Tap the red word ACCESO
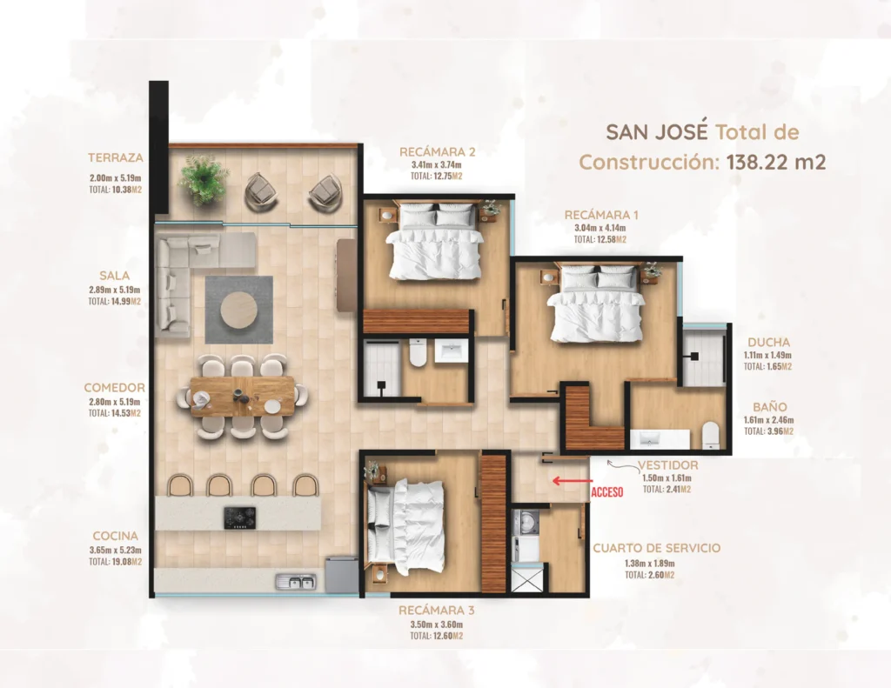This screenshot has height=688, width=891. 606,492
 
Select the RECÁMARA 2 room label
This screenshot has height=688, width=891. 437,151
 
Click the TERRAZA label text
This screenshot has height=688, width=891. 116,157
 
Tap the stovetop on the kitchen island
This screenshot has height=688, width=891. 239,518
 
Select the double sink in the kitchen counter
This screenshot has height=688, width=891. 296,583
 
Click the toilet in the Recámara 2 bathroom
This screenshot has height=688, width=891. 418,352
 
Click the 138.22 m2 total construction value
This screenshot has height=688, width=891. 776,162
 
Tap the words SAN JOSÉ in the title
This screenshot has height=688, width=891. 657,132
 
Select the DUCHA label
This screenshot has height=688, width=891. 769,342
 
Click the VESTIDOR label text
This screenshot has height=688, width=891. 667,465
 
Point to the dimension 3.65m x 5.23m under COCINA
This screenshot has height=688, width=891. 116,550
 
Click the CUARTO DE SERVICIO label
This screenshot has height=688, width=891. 656,548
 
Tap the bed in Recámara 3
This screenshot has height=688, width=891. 405,526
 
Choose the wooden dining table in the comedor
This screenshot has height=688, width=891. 242,396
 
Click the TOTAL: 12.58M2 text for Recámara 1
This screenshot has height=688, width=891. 600,240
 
